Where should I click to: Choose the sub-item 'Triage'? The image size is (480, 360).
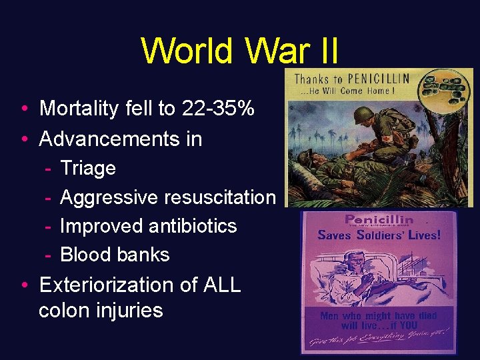pos(87,168)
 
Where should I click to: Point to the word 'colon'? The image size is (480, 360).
pos(67,311)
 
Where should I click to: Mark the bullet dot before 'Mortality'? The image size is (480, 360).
pos(24,109)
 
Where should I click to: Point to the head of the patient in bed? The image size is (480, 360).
pos(340,264)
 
